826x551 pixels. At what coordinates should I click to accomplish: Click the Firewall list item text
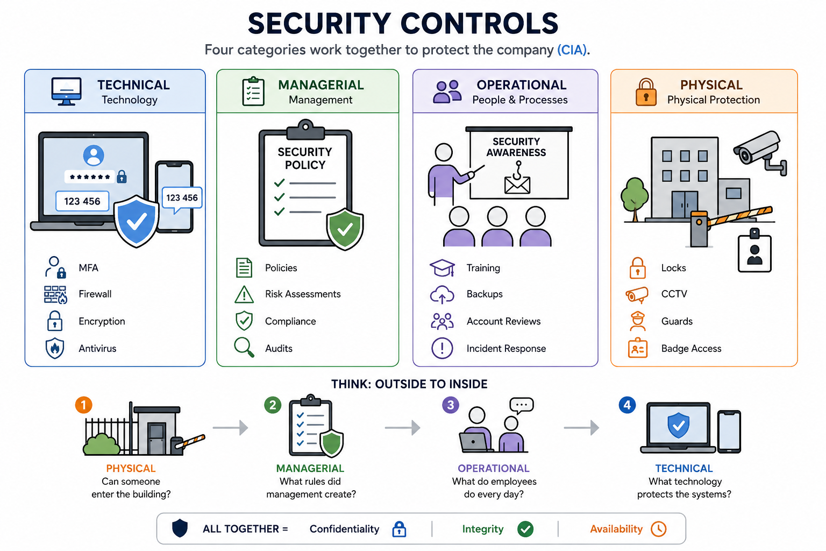tap(95, 294)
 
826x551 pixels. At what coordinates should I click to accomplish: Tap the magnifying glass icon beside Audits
tap(244, 347)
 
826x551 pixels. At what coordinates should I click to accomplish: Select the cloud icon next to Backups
tap(442, 294)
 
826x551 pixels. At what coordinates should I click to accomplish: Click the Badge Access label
tap(691, 348)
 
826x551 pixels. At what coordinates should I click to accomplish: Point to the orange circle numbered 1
tap(84, 405)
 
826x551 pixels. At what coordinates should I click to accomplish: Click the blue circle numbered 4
tap(627, 405)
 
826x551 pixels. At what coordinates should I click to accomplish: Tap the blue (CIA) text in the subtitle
tap(572, 50)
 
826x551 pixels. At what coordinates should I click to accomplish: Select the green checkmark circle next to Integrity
tap(525, 529)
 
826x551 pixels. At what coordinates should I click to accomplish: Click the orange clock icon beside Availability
tap(659, 529)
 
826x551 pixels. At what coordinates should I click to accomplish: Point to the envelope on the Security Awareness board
tap(517, 185)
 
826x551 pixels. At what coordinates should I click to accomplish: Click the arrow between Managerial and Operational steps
tap(402, 428)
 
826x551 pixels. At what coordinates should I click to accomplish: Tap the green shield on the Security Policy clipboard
tap(345, 229)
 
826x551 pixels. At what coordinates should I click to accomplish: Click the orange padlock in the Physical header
tap(646, 92)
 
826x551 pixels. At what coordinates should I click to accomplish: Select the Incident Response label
tap(506, 348)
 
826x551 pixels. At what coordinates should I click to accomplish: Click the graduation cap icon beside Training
tap(442, 267)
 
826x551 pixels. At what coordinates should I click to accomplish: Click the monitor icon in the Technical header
tap(66, 91)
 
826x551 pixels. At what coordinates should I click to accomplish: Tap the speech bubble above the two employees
tap(522, 405)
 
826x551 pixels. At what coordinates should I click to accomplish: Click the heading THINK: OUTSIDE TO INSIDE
tap(409, 384)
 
